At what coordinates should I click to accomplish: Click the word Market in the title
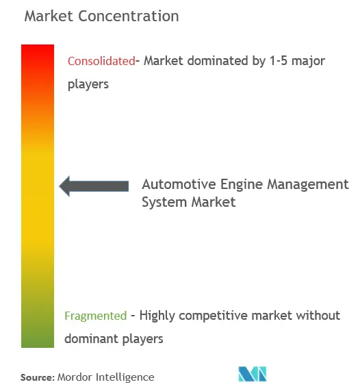tap(49, 16)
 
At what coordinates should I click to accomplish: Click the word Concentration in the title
tap(129, 16)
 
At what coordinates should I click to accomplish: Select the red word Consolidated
tap(101, 61)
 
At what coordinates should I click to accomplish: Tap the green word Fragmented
tap(96, 316)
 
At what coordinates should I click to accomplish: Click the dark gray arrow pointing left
tap(94, 186)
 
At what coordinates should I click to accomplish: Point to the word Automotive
tap(179, 184)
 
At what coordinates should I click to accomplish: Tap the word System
tap(164, 202)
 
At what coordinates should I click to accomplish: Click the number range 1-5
tap(279, 61)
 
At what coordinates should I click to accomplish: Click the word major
tap(308, 62)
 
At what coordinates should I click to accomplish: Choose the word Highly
tap(157, 316)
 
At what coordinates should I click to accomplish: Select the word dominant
tap(92, 339)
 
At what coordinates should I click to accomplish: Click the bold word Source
tap(38, 377)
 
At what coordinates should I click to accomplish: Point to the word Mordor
tap(75, 377)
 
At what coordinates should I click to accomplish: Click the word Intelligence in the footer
tap(125, 377)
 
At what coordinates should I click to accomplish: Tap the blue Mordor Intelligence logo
tap(253, 374)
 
